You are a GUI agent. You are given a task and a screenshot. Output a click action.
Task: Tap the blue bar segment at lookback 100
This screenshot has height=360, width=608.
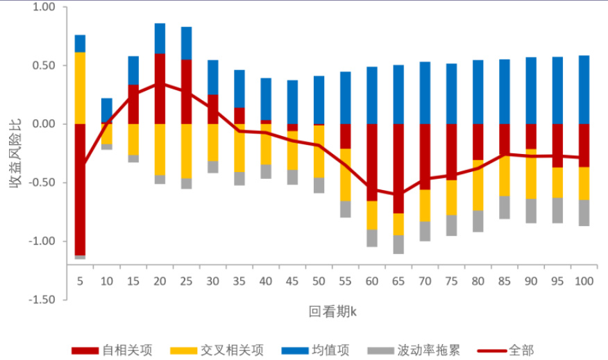tap(584, 89)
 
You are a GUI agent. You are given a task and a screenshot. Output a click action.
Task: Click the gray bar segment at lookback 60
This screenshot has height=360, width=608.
tap(372, 238)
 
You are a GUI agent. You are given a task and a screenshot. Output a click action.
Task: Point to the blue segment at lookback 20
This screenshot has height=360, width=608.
tap(160, 38)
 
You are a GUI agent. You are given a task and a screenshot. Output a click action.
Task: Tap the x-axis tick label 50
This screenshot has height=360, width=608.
tap(319, 282)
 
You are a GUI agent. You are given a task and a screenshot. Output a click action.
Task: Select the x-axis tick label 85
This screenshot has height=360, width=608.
tap(504, 282)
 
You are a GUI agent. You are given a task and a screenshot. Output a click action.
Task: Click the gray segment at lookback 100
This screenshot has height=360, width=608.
tap(584, 213)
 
